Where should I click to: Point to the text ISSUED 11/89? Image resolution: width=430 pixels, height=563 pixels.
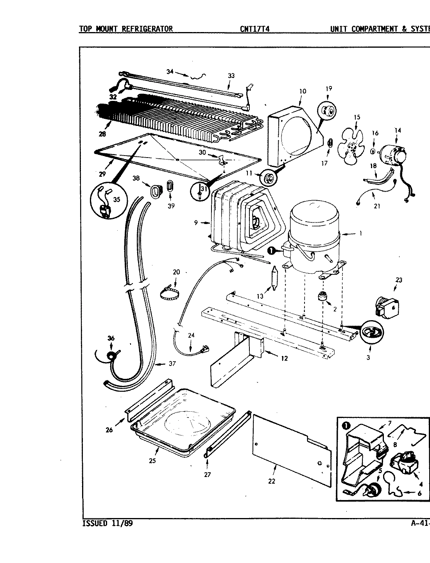107,524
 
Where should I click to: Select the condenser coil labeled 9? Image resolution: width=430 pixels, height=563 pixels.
242,221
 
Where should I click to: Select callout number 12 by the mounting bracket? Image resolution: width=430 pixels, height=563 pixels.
284,358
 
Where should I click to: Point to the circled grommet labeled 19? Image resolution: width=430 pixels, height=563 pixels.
328,111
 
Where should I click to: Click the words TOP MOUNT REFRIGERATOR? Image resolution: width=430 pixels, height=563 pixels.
125,29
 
